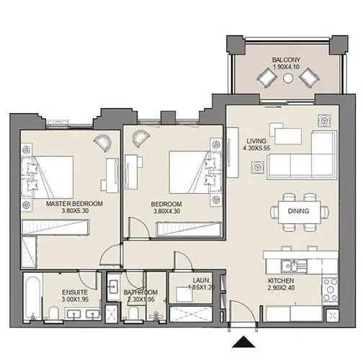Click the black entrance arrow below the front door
point(243,342)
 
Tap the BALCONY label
point(286,60)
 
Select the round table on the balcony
point(288,78)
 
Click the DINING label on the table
point(298,211)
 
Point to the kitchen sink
point(291,266)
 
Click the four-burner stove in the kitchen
point(330,290)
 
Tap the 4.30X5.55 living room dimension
point(256,148)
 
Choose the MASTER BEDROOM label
point(74,204)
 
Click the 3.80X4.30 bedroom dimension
point(166,212)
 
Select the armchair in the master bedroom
point(102,143)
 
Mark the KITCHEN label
point(281,281)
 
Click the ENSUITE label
point(75,292)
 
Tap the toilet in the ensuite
point(54,313)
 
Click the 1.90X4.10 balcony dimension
point(286,67)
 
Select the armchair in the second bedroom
point(141,139)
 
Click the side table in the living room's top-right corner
point(324,120)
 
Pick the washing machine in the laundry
point(184,294)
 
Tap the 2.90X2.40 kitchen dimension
point(281,288)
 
